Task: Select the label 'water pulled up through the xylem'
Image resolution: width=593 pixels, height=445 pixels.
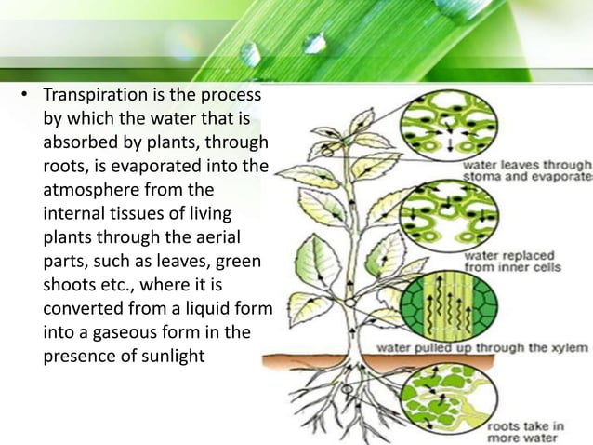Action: (x=481, y=347)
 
